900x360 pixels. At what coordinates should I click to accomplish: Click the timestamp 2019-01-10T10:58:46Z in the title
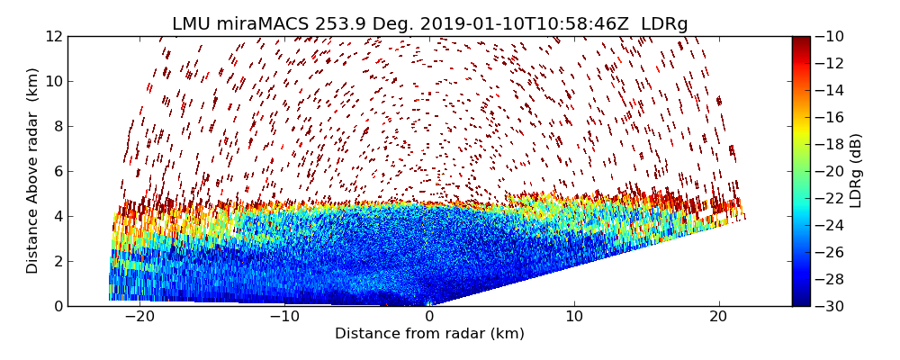(505, 24)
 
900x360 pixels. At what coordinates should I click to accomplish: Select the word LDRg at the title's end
(664, 24)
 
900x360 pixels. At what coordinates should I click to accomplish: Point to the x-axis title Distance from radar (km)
(429, 334)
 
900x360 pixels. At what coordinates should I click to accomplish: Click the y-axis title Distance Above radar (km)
(33, 171)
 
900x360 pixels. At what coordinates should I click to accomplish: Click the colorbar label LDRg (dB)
(856, 171)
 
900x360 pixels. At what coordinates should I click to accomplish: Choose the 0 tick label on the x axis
(429, 317)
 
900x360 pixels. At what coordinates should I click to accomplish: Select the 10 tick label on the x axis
(574, 317)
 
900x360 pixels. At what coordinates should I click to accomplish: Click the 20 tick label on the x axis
(718, 317)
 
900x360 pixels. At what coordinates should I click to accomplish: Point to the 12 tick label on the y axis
(55, 36)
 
